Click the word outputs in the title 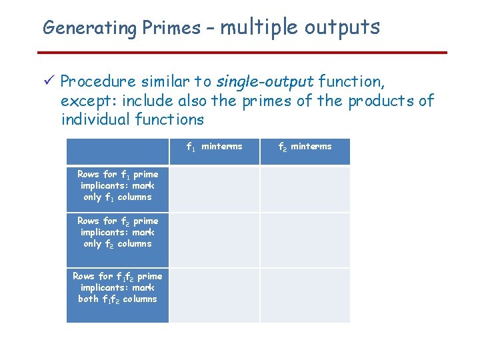(x=342, y=27)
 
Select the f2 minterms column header (x=304, y=147)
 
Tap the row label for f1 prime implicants (x=117, y=186)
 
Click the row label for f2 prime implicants (x=117, y=232)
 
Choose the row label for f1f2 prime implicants (x=117, y=287)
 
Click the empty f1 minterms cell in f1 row (x=214, y=189)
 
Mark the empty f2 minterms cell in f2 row (x=305, y=240)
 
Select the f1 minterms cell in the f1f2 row (x=214, y=295)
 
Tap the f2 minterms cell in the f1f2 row (x=305, y=295)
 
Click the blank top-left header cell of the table (x=117, y=151)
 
